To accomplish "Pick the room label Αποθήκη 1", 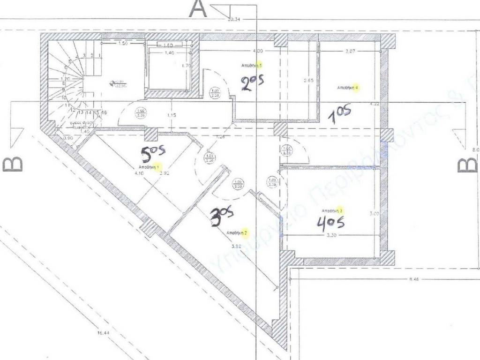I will [x=149, y=167].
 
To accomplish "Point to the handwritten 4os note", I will [x=330, y=223].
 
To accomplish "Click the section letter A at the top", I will [x=197, y=9].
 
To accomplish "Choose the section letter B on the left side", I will [x=13, y=165].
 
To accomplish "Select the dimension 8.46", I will [x=413, y=280].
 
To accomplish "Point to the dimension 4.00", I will [x=257, y=51].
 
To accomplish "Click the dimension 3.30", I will [x=331, y=236].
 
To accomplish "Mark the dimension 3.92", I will [x=236, y=245].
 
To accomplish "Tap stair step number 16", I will [x=104, y=113].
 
